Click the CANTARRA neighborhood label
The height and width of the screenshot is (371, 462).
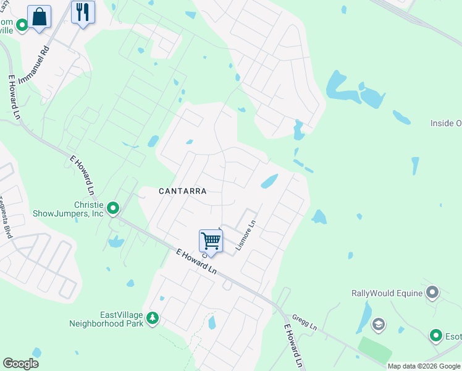pyautogui.click(x=182, y=191)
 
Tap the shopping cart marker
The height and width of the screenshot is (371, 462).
pyautogui.click(x=211, y=241)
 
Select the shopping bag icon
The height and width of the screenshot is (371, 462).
pyautogui.click(x=39, y=16)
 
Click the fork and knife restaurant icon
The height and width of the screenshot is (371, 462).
pyautogui.click(x=82, y=12)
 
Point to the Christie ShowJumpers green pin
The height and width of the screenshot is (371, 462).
pyautogui.click(x=113, y=208)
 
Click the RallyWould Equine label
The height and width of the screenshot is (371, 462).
pyautogui.click(x=387, y=293)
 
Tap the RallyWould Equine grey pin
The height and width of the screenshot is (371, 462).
pyautogui.click(x=432, y=292)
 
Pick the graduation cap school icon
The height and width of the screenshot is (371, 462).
pyautogui.click(x=378, y=324)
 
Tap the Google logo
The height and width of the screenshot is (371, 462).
pyautogui.click(x=20, y=364)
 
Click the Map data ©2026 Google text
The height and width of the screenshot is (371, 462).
pyautogui.click(x=422, y=366)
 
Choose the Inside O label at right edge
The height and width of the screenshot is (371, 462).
pyautogui.click(x=445, y=124)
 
